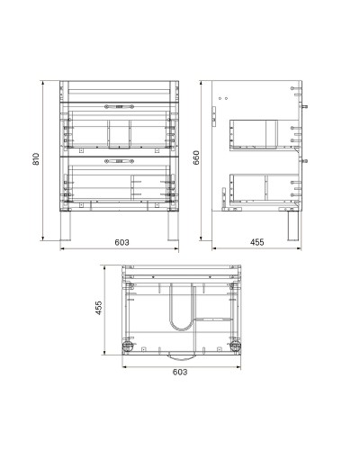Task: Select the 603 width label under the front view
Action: [121, 242]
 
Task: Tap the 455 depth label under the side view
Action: [256, 242]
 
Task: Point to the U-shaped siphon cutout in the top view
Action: [181, 306]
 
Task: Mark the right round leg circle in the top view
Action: [236, 346]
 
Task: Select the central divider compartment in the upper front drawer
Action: [118, 132]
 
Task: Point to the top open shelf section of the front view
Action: [118, 91]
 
